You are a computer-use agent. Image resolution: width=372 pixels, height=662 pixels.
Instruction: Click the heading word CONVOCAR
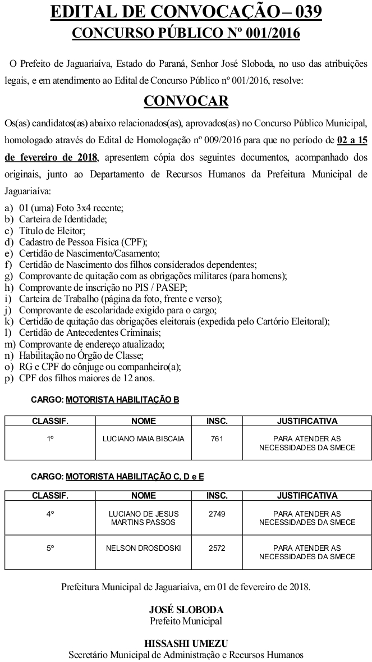186,101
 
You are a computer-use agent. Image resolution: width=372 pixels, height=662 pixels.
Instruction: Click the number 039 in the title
304,12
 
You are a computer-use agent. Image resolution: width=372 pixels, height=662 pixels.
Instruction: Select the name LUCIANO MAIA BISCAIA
144,439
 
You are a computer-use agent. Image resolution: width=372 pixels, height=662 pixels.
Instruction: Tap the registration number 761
217,439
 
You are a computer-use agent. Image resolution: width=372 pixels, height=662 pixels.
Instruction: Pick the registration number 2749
217,514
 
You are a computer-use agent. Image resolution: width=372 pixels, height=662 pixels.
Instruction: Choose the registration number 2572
217,548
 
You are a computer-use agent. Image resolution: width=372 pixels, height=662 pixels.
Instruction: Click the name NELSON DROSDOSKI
144,548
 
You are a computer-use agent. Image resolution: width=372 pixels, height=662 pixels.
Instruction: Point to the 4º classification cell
50,514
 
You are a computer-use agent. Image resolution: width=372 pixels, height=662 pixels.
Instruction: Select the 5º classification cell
50,548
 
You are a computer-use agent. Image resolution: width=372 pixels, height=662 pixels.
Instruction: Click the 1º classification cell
50,439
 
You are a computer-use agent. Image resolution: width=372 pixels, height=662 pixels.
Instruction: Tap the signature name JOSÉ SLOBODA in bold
186,609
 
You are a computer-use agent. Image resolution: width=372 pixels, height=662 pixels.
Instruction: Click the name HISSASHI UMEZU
186,643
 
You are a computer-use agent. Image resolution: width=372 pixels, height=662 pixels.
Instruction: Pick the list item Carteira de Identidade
63,219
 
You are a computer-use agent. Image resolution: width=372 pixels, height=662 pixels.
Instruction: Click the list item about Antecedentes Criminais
81,332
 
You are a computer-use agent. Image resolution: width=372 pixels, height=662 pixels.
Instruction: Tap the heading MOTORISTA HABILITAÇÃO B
122,400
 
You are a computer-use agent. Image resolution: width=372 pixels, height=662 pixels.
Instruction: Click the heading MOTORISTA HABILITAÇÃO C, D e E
135,477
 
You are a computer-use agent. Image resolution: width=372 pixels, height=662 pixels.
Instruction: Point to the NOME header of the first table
144,421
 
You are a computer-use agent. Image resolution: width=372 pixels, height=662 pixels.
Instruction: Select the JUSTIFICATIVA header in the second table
307,496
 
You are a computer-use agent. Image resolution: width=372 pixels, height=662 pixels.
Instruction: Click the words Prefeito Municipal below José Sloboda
186,620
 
